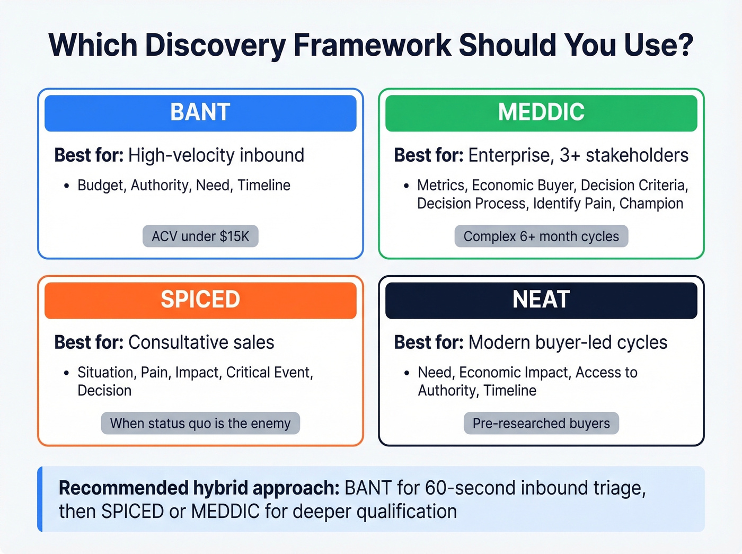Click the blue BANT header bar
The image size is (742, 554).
click(200, 113)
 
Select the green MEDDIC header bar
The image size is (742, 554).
click(541, 113)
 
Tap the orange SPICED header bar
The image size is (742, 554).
click(200, 300)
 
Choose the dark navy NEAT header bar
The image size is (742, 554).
click(541, 300)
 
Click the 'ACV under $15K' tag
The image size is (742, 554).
click(200, 236)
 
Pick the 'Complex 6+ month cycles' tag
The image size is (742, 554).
click(541, 236)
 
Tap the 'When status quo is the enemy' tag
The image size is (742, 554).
click(200, 424)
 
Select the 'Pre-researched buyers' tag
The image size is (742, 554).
click(541, 424)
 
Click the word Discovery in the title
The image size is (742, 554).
click(215, 46)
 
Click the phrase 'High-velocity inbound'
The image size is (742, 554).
click(216, 155)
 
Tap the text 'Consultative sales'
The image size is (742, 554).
click(201, 342)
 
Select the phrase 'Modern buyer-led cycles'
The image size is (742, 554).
click(568, 342)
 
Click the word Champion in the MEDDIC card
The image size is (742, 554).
click(651, 204)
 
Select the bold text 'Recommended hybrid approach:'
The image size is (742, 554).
click(199, 488)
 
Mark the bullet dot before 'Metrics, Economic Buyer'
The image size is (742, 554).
click(407, 186)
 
